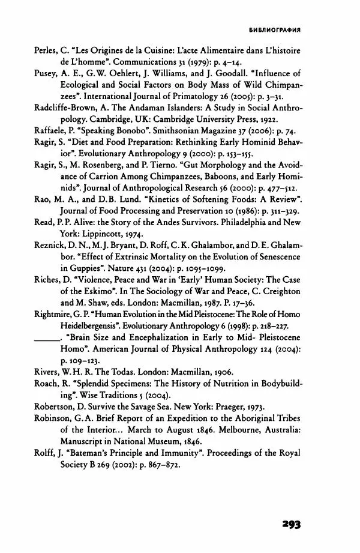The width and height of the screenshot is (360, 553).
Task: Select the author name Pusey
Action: point(46,74)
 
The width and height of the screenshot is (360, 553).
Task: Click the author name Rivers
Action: point(46,373)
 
